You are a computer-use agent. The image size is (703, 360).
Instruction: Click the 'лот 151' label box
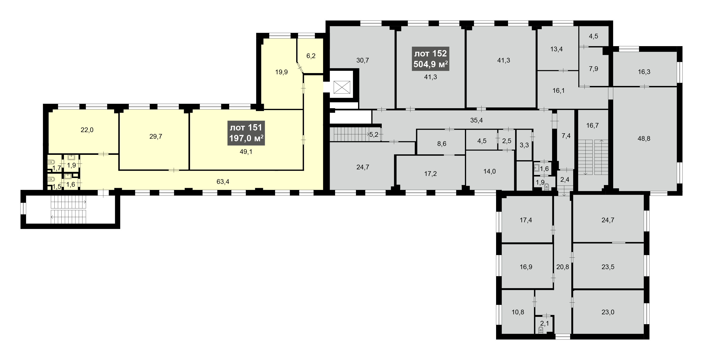click(x=246, y=133)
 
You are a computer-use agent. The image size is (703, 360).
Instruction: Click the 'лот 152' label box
click(x=431, y=59)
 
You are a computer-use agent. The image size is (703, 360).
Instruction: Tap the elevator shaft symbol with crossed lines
click(x=342, y=88)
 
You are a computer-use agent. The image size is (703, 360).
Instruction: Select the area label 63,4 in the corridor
click(x=223, y=182)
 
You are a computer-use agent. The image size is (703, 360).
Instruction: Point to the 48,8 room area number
click(x=644, y=139)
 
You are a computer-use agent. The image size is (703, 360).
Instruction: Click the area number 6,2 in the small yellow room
click(x=311, y=56)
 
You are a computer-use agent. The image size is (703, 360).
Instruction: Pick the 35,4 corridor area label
click(x=476, y=120)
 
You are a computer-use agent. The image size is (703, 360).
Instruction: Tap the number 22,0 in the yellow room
click(x=87, y=130)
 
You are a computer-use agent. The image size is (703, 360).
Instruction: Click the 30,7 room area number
click(x=363, y=60)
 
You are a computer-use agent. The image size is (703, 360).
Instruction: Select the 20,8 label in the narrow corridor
click(x=563, y=267)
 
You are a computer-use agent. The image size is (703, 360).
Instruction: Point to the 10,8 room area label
click(x=518, y=312)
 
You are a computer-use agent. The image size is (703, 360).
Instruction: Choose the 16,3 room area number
click(x=644, y=72)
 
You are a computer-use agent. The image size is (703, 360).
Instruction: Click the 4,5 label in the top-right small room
click(x=594, y=36)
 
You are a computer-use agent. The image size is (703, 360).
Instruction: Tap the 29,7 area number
click(x=156, y=137)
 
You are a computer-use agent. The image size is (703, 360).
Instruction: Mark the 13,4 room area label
click(x=557, y=49)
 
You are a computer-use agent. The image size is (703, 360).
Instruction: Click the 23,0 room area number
click(x=608, y=312)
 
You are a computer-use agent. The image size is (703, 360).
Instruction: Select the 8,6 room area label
click(x=442, y=144)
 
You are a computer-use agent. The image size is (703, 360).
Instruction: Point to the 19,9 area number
click(x=281, y=72)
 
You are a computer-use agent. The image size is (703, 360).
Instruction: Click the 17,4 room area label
click(x=526, y=220)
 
